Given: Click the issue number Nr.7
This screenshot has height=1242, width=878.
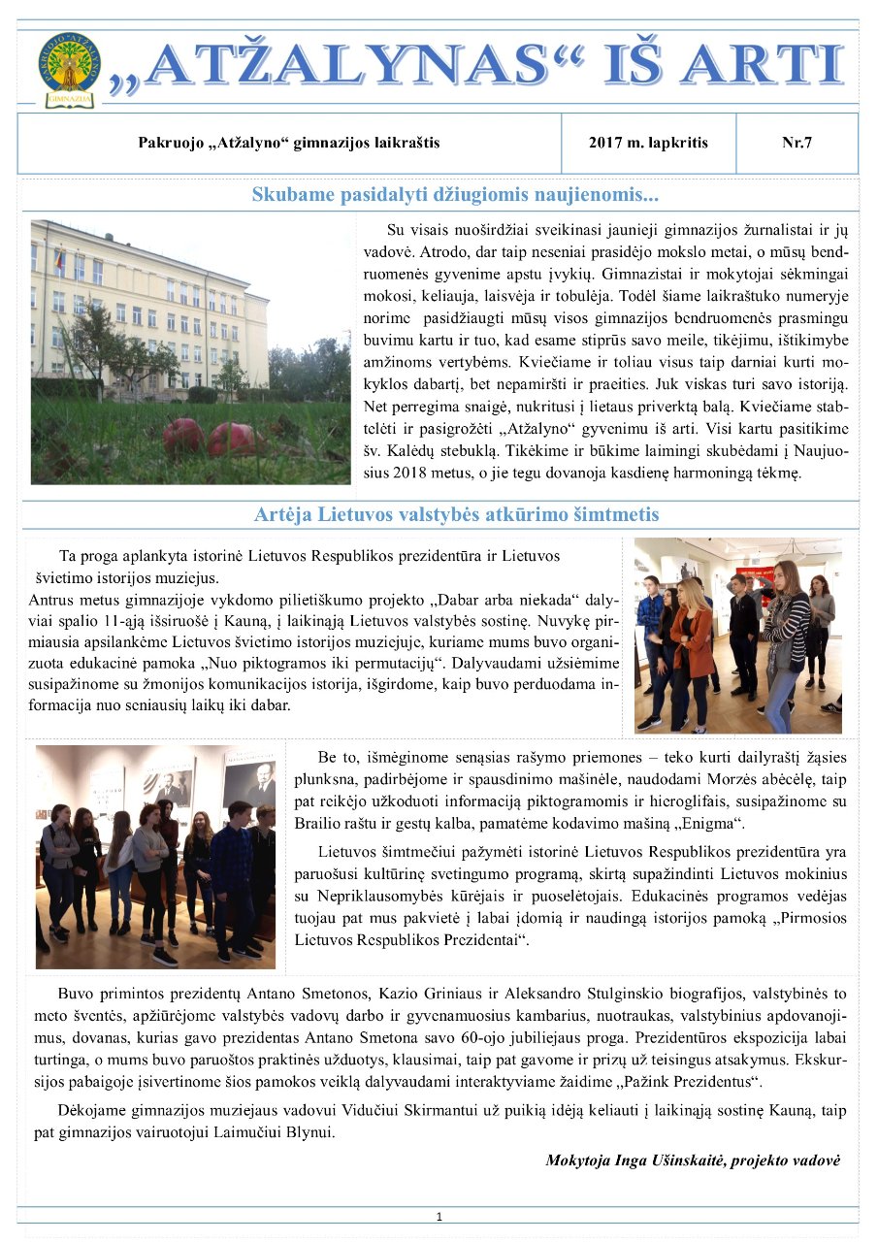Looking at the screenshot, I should click(x=797, y=143).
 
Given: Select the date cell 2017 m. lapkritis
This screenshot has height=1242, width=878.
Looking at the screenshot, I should click(x=648, y=143).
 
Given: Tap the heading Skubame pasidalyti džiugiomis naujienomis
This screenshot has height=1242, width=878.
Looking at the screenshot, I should click(x=455, y=195).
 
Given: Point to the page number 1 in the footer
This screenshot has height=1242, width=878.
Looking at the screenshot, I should click(x=439, y=1217).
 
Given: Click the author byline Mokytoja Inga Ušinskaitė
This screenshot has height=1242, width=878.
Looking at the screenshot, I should click(x=693, y=1160).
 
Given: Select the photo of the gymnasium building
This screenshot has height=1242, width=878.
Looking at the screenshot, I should click(x=190, y=351).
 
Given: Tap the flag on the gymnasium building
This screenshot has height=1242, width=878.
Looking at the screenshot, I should click(x=59, y=259).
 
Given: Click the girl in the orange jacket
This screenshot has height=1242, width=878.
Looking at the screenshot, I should click(x=693, y=640).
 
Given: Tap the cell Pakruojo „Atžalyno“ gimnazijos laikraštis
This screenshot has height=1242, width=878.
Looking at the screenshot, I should click(x=289, y=143).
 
